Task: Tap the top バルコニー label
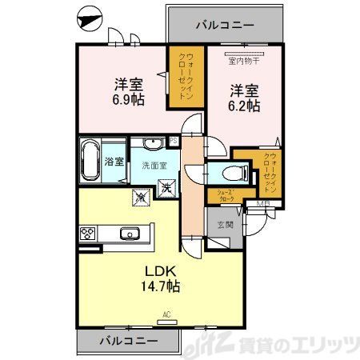pos(225,26)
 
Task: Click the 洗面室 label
pos(154,166)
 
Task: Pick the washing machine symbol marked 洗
pos(169,188)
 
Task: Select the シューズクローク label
pos(222,194)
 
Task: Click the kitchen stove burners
pos(87,234)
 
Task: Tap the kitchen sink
pos(129,234)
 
